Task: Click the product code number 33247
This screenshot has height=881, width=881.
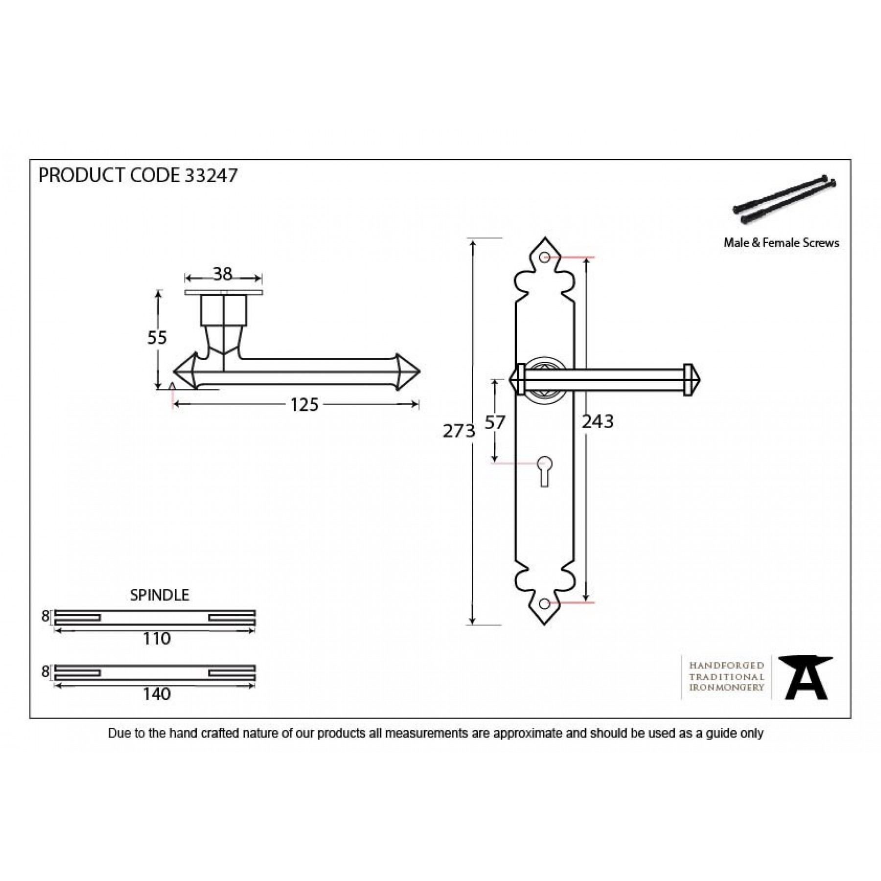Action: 211,175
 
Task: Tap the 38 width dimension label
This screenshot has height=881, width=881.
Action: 223,274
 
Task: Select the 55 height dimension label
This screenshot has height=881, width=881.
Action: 157,338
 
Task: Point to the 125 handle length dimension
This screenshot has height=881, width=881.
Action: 304,405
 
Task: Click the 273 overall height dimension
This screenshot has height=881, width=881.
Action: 459,431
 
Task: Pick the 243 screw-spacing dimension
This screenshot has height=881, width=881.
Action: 598,421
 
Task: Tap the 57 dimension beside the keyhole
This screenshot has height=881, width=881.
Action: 494,422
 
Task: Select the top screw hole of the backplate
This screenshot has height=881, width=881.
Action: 544,257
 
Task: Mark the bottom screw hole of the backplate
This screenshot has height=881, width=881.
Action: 544,603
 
